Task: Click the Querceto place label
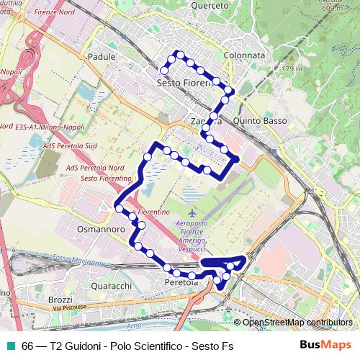click(210, 6)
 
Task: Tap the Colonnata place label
click(245, 55)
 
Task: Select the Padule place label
click(101, 55)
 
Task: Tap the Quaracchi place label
click(110, 285)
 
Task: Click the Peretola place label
click(181, 283)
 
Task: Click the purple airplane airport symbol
click(192, 214)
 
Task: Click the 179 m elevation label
click(290, 68)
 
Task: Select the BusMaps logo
click(326, 345)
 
